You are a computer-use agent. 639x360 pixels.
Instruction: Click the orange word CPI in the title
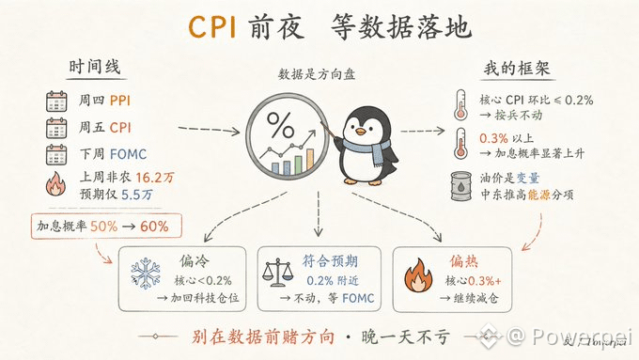click(x=212, y=27)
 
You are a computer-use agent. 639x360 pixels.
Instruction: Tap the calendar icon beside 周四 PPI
click(x=56, y=102)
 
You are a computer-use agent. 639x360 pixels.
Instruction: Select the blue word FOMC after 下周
click(x=128, y=154)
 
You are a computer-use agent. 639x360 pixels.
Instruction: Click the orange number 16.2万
click(x=155, y=178)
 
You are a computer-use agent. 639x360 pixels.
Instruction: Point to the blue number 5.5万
click(x=137, y=195)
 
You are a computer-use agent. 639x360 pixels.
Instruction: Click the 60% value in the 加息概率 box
click(x=154, y=227)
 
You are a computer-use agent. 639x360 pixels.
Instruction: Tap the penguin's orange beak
click(x=360, y=132)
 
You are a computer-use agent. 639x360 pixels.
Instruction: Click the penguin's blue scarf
click(x=366, y=149)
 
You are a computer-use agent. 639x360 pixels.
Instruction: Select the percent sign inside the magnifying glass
click(x=280, y=124)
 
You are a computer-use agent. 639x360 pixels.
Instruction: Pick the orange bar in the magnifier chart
click(x=310, y=159)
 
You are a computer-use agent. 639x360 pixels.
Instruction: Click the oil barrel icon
click(x=460, y=186)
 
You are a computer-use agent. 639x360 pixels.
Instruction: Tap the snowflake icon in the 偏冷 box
click(x=146, y=274)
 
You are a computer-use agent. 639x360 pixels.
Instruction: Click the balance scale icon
click(x=277, y=272)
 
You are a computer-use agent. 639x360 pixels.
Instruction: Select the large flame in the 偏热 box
click(x=418, y=275)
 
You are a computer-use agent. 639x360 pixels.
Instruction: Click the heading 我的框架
click(x=517, y=69)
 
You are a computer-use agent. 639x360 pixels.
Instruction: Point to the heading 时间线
click(x=95, y=67)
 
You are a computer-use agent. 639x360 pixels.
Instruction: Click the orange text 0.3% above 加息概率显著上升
click(x=493, y=138)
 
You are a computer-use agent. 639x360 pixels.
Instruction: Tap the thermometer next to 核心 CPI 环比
click(x=460, y=104)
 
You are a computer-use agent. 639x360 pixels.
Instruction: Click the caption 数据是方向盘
click(x=317, y=74)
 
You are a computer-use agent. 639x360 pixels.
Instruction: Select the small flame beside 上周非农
click(x=55, y=184)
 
